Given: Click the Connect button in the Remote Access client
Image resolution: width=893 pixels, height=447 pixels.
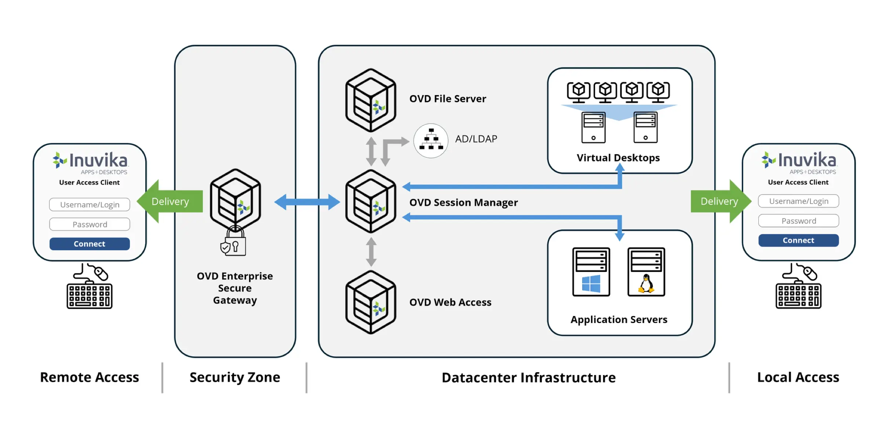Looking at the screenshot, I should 90,244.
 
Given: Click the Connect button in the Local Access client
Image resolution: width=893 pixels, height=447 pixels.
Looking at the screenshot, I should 798,240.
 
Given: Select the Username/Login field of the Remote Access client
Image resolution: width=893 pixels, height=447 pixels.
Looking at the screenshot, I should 90,204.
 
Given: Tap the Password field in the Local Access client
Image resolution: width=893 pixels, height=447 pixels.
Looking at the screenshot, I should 798,221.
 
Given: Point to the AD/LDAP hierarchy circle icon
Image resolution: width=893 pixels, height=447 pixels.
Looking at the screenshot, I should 431,141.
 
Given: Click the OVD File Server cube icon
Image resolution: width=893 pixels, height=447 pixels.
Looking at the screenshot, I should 371,100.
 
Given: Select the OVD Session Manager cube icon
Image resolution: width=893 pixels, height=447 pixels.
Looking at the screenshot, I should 371,201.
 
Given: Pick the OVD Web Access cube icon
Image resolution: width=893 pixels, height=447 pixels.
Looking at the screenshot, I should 371,302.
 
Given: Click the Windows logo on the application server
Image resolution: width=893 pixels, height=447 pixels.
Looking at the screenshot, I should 591,284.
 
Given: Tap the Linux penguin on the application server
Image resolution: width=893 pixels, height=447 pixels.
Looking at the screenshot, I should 646,284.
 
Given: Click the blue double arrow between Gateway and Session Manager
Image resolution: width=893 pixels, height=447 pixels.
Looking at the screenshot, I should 307,202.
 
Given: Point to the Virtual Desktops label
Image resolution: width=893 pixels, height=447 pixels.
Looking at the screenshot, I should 618,158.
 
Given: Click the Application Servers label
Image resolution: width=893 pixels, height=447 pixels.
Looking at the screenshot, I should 619,320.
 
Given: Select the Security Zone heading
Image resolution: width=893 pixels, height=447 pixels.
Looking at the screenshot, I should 235,377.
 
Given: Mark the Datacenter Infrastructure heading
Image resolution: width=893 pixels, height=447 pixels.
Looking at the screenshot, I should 529,378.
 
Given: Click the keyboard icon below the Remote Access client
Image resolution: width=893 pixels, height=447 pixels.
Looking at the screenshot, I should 90,295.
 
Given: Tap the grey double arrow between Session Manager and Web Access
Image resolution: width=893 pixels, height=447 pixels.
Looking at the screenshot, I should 371,252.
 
